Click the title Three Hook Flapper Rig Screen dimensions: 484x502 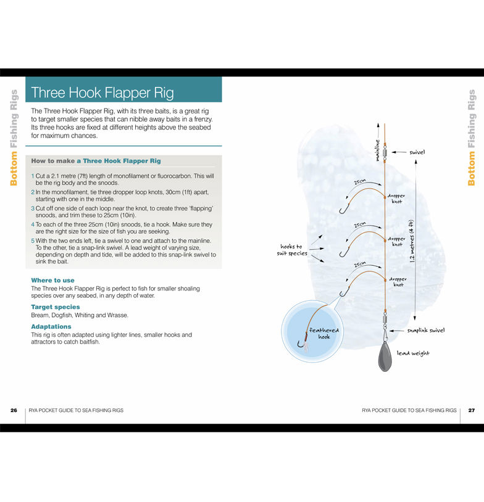coord(102,93)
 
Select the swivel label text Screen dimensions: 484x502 coord(417,152)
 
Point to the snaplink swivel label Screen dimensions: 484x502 coord(426,331)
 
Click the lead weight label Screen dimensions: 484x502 coord(413,353)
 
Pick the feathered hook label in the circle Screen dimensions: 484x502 coord(323,333)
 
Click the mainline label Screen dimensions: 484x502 coord(378,150)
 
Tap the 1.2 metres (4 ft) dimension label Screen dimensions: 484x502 coord(412,241)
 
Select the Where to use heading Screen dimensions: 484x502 coord(52,280)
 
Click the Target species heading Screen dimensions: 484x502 coord(56,307)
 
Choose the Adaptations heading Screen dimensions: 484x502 coord(51,327)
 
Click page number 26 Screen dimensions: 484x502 coord(14,410)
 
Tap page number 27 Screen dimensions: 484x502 coord(472,410)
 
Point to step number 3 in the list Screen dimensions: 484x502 coord(33,208)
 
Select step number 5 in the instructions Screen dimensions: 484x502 coord(33,241)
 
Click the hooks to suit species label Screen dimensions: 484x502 coord(292,250)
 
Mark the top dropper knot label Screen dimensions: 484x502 coord(396,199)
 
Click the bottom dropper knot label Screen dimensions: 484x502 coord(398,282)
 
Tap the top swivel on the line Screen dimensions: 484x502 coord(385,152)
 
